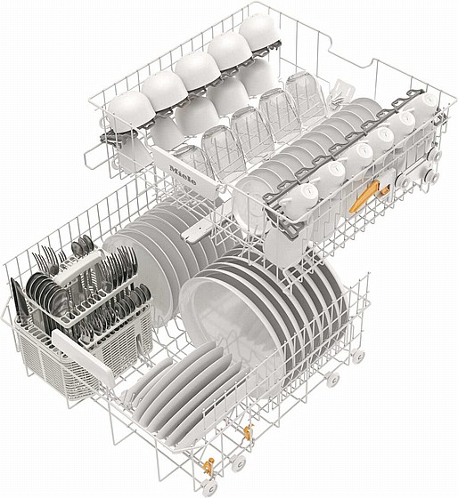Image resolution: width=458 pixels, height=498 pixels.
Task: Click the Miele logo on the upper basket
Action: [x=183, y=175]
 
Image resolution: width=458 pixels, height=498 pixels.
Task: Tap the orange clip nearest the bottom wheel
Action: [x=209, y=466]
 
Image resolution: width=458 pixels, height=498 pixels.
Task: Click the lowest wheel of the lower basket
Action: [x=209, y=488]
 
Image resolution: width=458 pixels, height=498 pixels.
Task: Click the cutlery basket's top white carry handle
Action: [x=78, y=267]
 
